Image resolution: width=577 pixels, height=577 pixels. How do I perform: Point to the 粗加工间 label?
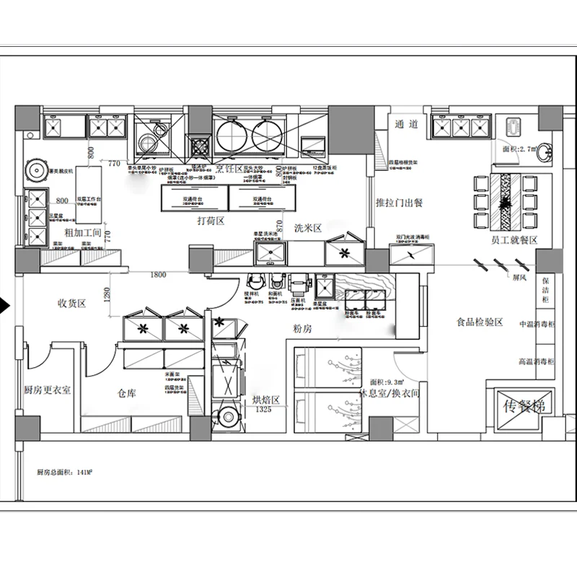tap(79, 232)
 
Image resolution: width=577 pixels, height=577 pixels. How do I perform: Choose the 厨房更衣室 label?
tap(47, 390)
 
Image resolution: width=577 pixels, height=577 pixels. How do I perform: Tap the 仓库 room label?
tap(127, 394)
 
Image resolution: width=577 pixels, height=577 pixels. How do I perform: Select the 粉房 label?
tap(302, 329)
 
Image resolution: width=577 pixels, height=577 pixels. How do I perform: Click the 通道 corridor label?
tap(408, 123)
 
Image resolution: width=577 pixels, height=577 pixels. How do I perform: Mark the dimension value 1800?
tap(158, 275)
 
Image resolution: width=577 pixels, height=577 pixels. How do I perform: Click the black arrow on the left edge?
tap(5, 305)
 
